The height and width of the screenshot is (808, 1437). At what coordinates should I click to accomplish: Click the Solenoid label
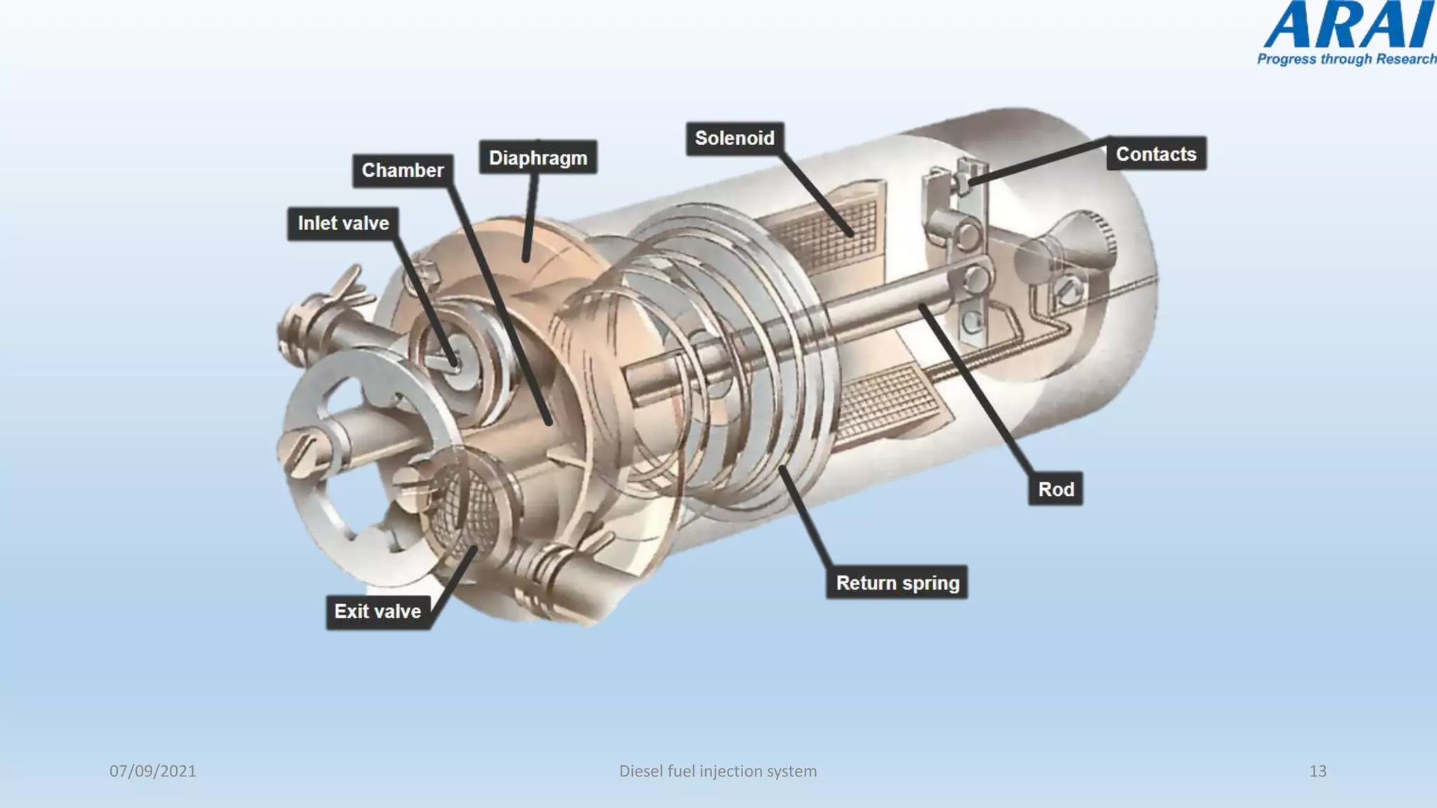(734, 138)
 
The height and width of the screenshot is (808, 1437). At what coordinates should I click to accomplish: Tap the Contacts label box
(1156, 154)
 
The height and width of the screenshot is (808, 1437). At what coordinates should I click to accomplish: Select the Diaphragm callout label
(537, 158)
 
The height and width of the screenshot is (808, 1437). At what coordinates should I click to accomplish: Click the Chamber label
(402, 170)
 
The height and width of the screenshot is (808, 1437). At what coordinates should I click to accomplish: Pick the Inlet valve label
(342, 223)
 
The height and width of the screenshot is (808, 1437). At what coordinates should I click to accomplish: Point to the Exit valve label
(377, 612)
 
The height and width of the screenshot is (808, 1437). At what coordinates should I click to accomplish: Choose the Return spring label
(897, 583)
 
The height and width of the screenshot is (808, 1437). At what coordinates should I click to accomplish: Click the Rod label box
(1055, 490)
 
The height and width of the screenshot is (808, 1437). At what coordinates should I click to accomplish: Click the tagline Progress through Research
(1346, 59)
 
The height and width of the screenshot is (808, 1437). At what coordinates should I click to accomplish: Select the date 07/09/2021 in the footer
(153, 771)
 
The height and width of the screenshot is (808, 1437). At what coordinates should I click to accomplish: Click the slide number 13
(1318, 771)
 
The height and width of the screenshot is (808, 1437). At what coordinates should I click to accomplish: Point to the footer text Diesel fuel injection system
(718, 771)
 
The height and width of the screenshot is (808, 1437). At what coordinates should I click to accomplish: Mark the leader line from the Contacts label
(1038, 161)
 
